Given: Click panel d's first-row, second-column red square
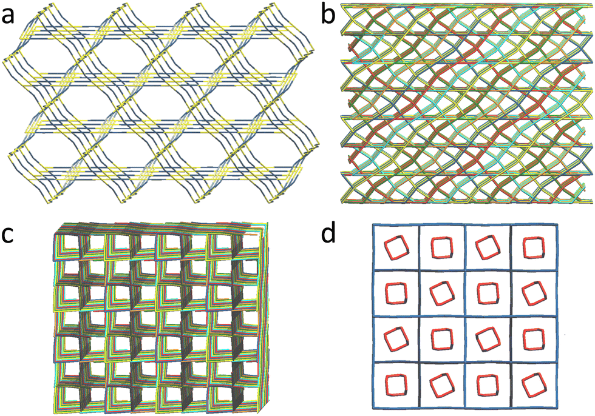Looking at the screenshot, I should click(x=441, y=247).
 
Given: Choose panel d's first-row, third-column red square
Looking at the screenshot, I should click(x=487, y=248).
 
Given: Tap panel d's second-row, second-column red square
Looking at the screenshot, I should click(x=441, y=294).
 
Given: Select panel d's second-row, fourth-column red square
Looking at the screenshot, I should click(x=534, y=294).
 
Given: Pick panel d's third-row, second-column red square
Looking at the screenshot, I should click(x=441, y=339).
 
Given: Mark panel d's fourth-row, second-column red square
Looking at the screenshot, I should click(x=441, y=385).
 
